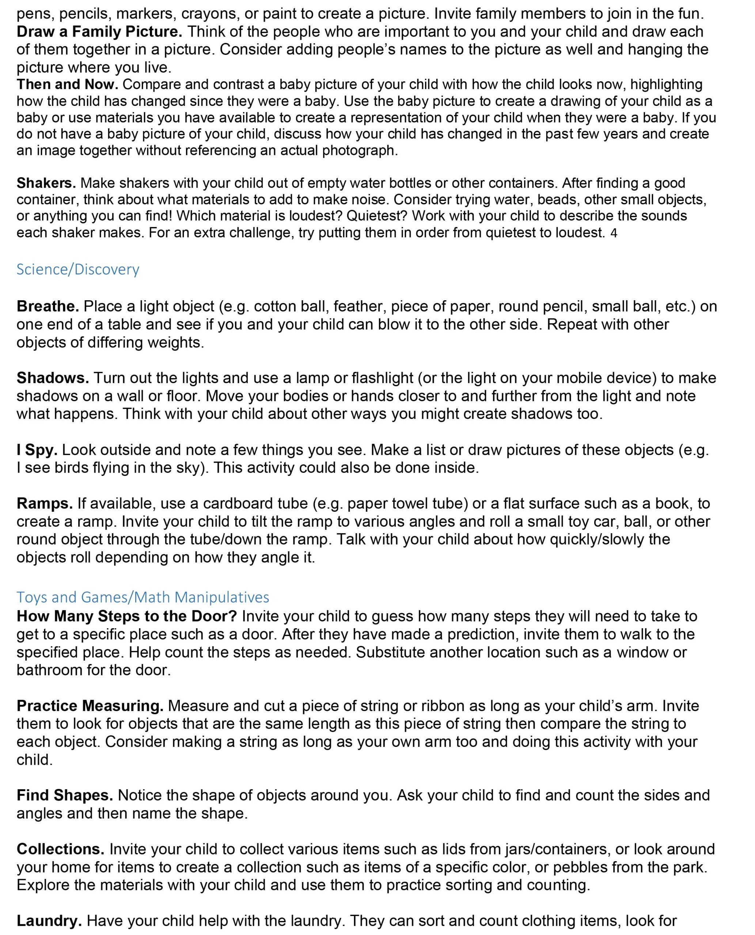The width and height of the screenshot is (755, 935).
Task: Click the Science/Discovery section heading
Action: (78, 270)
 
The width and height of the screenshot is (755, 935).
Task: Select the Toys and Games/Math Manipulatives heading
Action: (143, 597)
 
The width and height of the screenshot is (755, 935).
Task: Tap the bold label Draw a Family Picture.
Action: (99, 32)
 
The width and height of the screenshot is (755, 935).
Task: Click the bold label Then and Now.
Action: (67, 84)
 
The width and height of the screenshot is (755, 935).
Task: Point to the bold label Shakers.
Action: (46, 183)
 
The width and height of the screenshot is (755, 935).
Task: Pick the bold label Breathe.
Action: (48, 306)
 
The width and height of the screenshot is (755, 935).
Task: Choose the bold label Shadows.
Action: (53, 378)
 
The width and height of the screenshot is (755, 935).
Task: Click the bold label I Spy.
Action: (37, 450)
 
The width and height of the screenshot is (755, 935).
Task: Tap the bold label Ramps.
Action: (44, 503)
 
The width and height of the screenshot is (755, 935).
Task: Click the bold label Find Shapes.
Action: (65, 795)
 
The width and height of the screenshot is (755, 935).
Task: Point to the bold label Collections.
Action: (60, 849)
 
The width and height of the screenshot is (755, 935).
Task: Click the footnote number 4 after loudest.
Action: (614, 233)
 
